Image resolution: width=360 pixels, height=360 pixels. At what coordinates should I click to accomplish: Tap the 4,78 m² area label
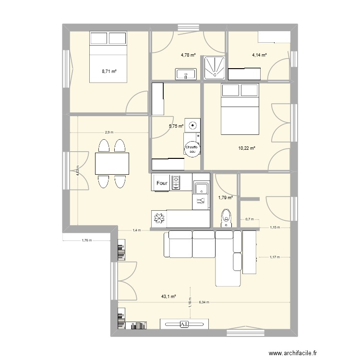coord(188,55)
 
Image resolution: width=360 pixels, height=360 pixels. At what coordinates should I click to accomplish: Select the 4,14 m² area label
coord(259,55)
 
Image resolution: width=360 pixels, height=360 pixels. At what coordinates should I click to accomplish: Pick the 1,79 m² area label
coord(226,197)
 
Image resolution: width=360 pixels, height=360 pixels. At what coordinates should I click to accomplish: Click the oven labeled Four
coord(162,183)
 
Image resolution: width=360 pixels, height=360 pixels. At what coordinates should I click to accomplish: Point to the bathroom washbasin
coord(185,74)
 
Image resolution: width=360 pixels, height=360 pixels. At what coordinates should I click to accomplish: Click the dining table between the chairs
coord(112,164)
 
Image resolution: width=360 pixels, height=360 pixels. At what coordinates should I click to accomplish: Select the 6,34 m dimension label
coord(209,303)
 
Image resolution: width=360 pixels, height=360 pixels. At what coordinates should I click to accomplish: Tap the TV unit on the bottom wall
coord(184,324)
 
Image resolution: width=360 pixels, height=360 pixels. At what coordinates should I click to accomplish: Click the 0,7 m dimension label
coord(249,219)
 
